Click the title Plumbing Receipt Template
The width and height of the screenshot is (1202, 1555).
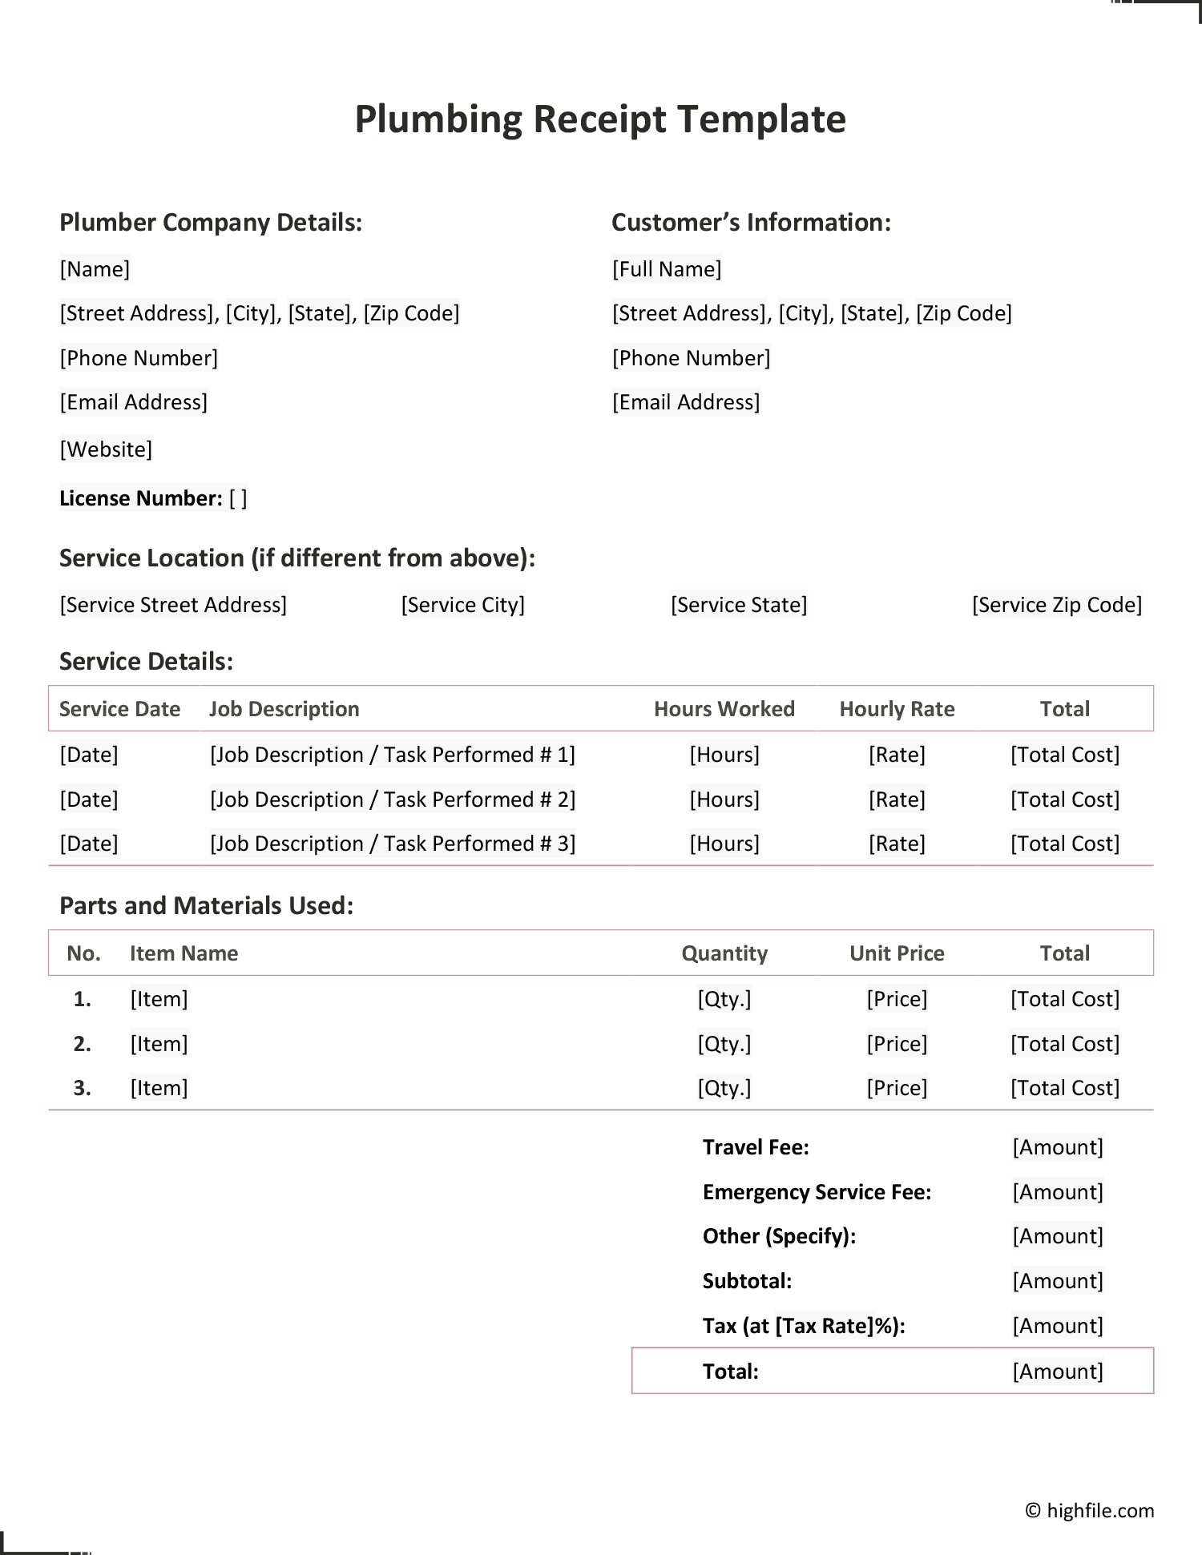[600, 119]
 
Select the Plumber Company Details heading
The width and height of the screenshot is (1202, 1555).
[211, 222]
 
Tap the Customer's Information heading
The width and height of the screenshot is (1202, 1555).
[751, 222]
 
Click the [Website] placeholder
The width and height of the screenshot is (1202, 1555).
[106, 449]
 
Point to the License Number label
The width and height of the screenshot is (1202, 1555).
[141, 498]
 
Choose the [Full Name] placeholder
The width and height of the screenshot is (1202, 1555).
[667, 269]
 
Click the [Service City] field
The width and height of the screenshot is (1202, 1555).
[463, 605]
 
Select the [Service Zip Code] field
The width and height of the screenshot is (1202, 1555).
[1057, 605]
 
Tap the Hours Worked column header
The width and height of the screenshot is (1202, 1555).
[724, 709]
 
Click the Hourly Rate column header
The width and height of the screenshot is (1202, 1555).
[897, 709]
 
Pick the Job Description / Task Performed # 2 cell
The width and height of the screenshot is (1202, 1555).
[393, 800]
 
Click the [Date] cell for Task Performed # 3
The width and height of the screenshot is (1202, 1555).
[89, 844]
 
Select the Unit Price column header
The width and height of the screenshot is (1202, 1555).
[897, 953]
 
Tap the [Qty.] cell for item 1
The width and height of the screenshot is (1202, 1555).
[724, 999]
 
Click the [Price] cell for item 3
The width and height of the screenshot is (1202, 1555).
[897, 1088]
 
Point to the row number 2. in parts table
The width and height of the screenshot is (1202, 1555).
[83, 1044]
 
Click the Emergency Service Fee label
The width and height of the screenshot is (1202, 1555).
[817, 1192]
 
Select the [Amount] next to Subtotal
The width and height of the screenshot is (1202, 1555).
[1058, 1281]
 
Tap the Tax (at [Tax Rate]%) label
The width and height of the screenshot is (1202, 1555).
[804, 1326]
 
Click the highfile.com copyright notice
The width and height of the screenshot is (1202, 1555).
[1090, 1511]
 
